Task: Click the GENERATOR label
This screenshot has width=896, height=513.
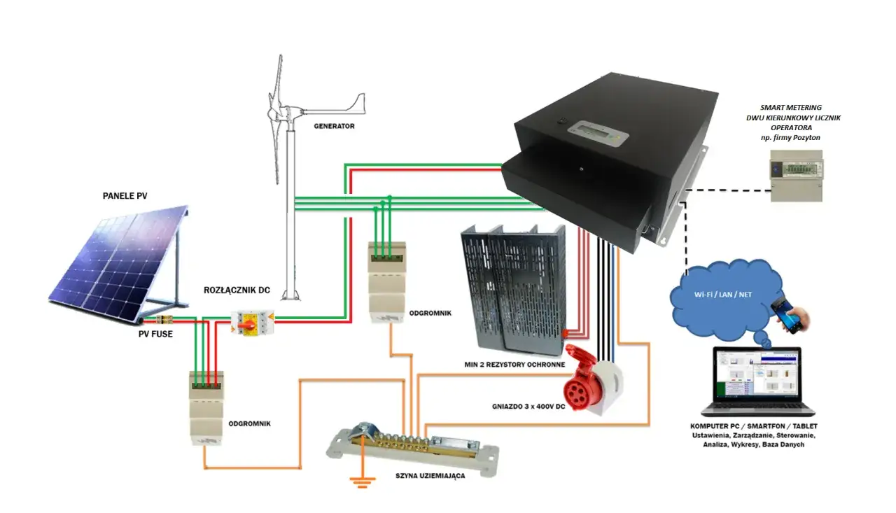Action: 334,126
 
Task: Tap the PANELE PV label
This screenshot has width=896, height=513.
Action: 125,196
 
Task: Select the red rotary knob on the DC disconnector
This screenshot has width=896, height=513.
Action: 248,324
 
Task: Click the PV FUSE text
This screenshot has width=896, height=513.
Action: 155,334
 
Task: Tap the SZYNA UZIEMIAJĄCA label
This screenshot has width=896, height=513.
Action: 430,476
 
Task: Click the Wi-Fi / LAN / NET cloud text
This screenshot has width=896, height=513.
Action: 723,295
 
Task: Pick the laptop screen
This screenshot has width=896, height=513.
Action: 757,374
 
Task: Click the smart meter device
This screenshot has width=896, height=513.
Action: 797,176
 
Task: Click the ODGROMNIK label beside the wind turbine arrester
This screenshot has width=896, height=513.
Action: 430,313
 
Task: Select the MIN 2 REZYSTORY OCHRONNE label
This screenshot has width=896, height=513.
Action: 514,365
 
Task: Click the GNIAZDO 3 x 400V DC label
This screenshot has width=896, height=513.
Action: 528,407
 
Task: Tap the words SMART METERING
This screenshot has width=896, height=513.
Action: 791,108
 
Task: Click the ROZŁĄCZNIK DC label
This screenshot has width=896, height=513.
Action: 237,290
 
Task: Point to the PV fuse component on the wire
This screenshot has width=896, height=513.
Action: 164,319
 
